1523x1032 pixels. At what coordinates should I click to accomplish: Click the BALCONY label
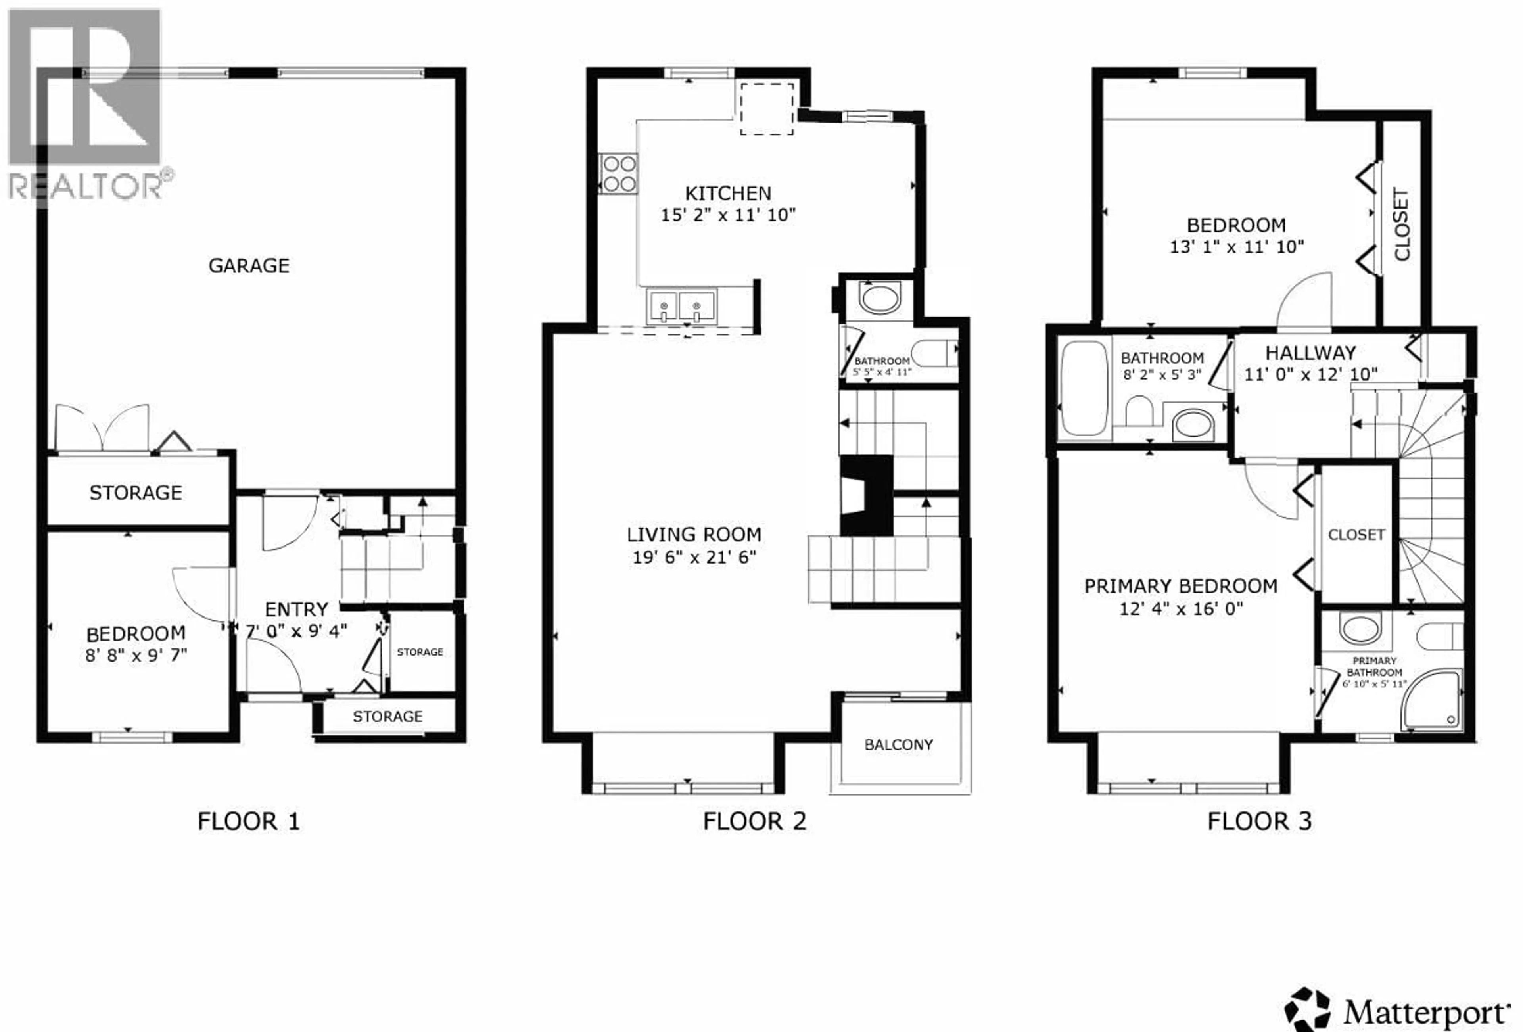898,744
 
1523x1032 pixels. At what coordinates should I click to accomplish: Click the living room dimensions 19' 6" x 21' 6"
694,557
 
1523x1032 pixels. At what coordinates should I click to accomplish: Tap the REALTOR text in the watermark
85,187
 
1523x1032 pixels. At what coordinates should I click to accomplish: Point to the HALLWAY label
1310,353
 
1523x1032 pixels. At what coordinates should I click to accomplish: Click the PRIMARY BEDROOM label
1180,586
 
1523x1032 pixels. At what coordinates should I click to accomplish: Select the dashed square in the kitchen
767,109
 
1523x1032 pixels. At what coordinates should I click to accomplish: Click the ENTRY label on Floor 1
296,609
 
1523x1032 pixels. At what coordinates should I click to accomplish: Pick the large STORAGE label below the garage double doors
136,493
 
